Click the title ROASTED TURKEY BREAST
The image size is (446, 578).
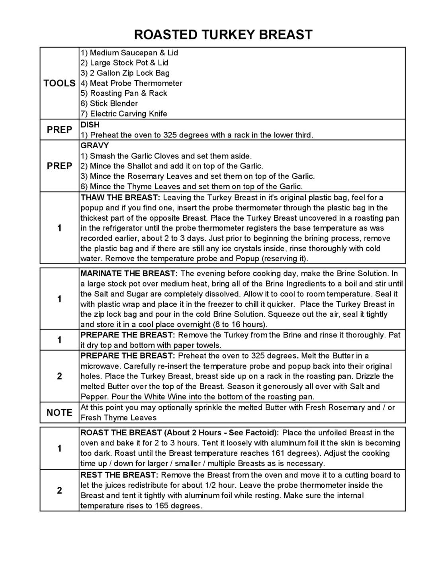coord(223,35)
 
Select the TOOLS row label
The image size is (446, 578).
coord(59,83)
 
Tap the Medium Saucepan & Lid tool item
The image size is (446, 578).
coord(129,53)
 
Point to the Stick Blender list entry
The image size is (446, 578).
coord(109,104)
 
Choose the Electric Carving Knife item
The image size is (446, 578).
coord(124,114)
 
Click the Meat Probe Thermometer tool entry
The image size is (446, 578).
coord(131,83)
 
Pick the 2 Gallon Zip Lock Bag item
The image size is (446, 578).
coord(125,73)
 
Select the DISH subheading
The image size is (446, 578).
coord(90,125)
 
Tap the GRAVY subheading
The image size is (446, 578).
coord(94,145)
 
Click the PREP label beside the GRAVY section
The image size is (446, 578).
coord(59,166)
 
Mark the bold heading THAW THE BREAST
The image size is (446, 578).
coord(120,198)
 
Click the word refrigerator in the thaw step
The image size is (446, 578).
coord(118,228)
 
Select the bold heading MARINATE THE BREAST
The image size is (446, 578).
coord(129,274)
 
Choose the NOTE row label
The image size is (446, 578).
coord(59,413)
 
